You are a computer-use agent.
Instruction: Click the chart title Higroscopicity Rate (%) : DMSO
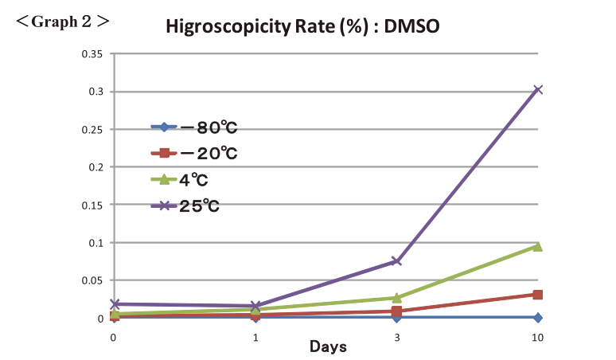click(x=302, y=26)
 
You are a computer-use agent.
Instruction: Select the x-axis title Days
click(x=327, y=347)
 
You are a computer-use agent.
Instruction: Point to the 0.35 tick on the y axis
click(x=93, y=54)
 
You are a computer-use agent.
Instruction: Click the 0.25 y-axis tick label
click(x=93, y=130)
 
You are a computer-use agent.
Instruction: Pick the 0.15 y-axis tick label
click(x=93, y=205)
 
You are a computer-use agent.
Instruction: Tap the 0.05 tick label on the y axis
click(x=93, y=280)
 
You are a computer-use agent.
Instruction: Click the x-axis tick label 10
click(x=538, y=338)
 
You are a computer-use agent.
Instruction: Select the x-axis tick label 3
click(x=396, y=338)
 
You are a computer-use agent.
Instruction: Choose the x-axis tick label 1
click(x=255, y=338)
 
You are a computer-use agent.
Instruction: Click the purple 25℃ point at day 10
click(x=538, y=89)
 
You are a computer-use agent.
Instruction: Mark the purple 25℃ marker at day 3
click(x=396, y=260)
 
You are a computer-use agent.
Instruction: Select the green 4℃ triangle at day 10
click(x=538, y=246)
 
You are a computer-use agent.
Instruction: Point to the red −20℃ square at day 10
click(x=538, y=295)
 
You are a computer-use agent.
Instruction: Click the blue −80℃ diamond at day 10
click(x=538, y=317)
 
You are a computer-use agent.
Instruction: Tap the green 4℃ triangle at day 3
click(x=396, y=298)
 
